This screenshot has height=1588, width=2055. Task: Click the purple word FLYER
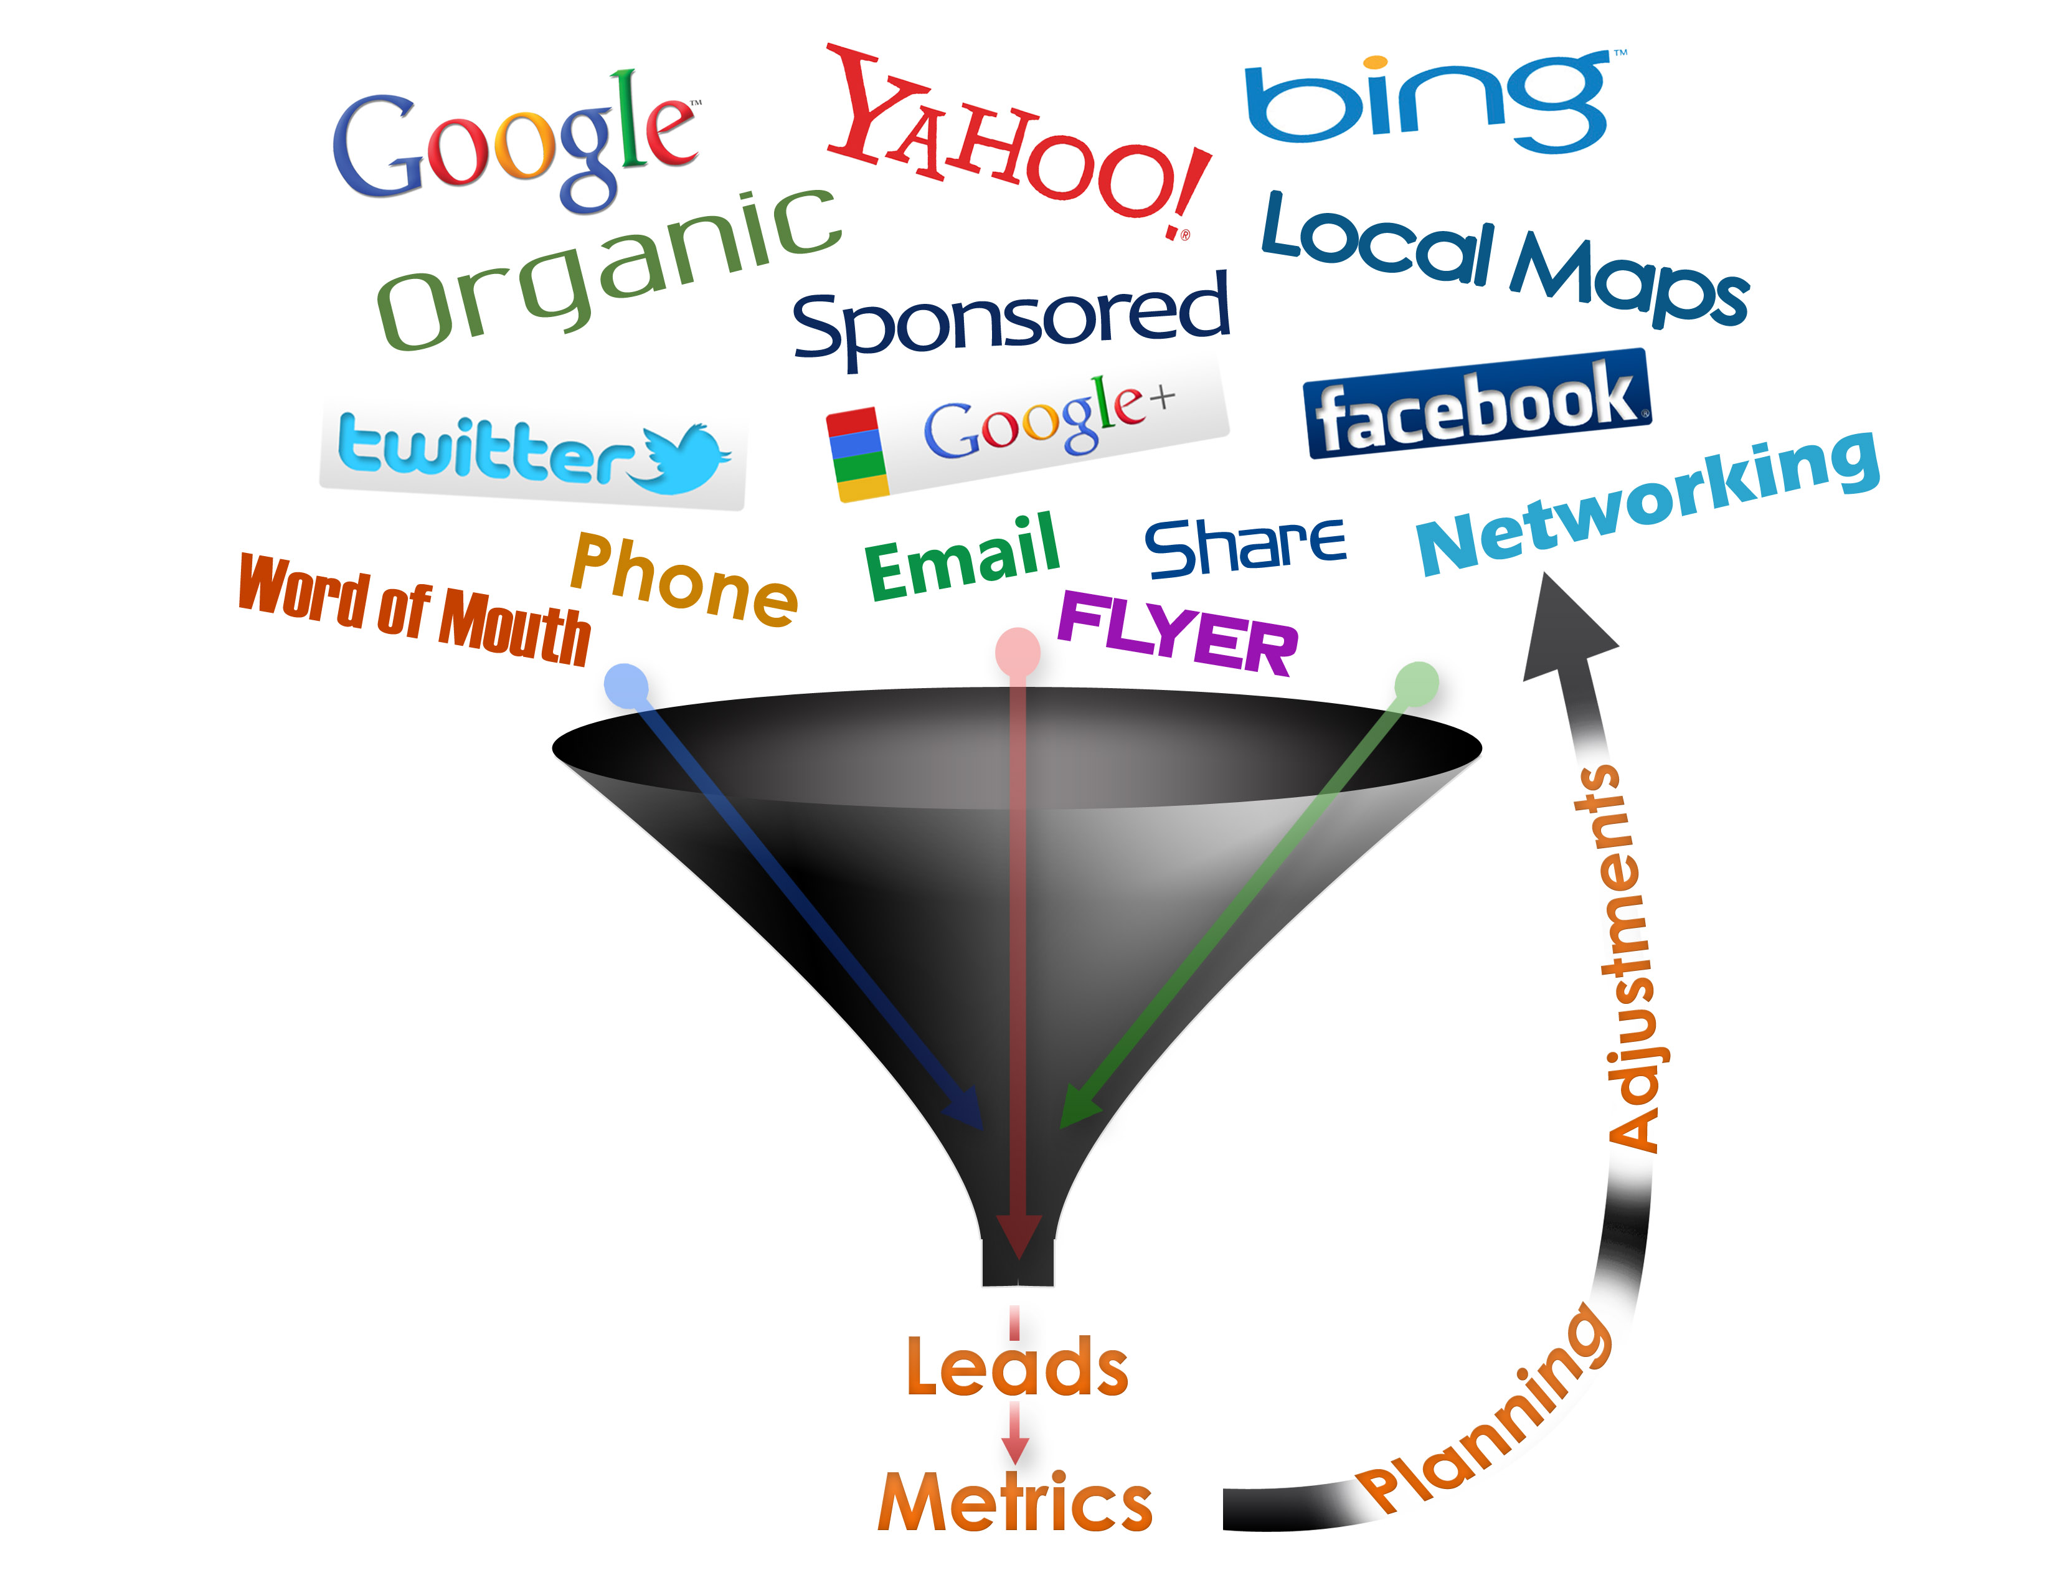pos(1178,633)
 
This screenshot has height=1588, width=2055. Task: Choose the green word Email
pos(961,557)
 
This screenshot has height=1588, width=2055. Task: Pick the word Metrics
pos(1015,1501)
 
